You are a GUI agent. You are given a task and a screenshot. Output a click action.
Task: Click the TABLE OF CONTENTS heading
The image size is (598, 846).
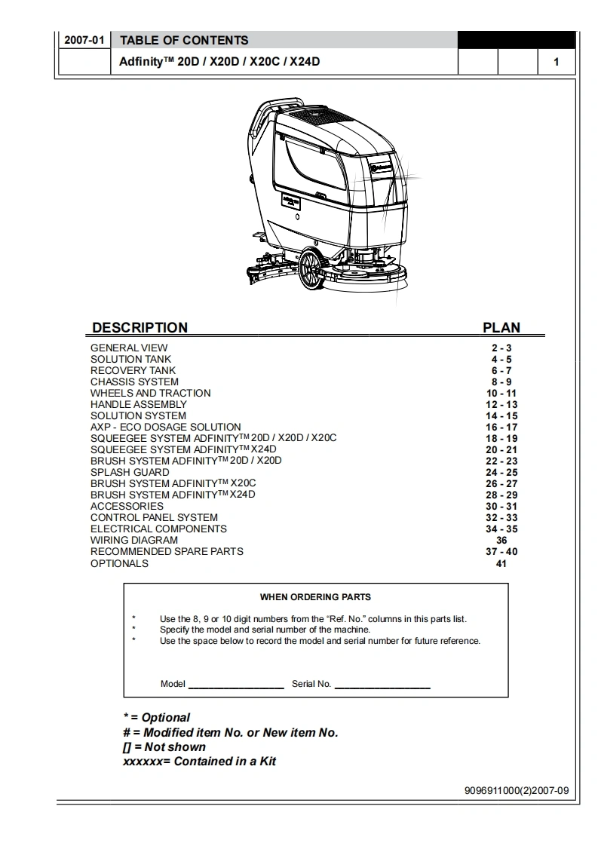click(x=184, y=40)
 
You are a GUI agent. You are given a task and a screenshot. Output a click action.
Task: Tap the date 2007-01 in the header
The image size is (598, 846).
click(x=84, y=40)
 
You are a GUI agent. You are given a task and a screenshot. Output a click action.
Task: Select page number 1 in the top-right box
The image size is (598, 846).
click(x=557, y=62)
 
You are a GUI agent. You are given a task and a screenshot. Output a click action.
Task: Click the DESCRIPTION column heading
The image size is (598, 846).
click(x=140, y=327)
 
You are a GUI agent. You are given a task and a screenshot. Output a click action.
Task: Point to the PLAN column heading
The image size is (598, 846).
click(x=501, y=327)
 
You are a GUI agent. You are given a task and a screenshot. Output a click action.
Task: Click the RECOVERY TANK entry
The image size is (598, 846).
click(x=133, y=370)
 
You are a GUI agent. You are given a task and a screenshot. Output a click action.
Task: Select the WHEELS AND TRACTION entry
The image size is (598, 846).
click(x=150, y=393)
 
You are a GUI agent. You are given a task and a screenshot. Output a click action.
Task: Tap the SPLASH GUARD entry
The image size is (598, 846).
click(x=130, y=472)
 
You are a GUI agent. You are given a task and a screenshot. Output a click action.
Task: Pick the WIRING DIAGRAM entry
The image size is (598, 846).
click(x=134, y=540)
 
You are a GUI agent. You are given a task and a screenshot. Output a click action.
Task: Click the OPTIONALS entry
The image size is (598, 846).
click(x=119, y=563)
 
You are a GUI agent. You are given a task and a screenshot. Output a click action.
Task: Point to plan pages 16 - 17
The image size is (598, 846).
click(x=501, y=427)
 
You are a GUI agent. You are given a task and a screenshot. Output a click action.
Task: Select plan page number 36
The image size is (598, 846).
click(x=501, y=540)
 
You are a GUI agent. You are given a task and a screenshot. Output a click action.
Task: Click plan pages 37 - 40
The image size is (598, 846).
click(x=501, y=551)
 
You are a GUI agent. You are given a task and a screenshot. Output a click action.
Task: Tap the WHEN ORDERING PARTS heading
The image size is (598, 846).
click(x=315, y=596)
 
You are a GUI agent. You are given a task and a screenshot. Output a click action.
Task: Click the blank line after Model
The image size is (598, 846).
click(x=235, y=685)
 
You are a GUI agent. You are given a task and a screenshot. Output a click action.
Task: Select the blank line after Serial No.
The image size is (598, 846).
click(x=382, y=685)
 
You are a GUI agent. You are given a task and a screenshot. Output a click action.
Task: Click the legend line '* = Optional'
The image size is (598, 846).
click(x=156, y=717)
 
